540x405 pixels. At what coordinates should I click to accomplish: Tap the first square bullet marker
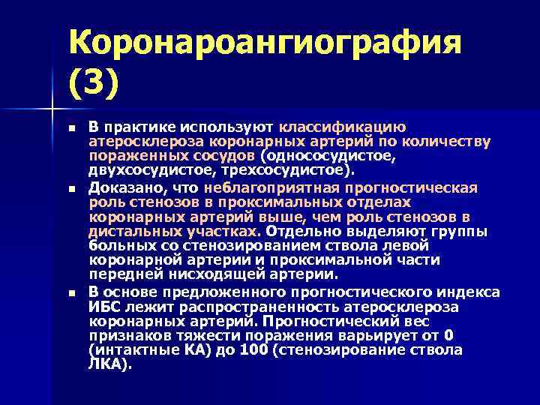click(x=71, y=128)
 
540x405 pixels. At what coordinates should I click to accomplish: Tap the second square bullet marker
click(x=71, y=187)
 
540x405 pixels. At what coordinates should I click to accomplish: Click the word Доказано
click(x=120, y=186)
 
